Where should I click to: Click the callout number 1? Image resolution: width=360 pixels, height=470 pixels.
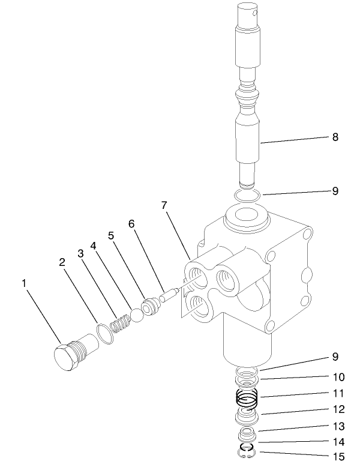coord(24,282)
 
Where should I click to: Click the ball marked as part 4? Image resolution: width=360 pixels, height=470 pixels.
coord(137,315)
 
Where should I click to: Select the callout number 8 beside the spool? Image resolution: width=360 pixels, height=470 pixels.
coord(335,137)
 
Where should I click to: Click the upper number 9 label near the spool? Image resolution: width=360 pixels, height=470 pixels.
coord(335,191)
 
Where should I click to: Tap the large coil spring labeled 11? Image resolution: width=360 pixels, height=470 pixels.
coord(246,397)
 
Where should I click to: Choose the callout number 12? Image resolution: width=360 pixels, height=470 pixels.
coord(338,409)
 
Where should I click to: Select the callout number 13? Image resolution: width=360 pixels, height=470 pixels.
coord(338,426)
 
